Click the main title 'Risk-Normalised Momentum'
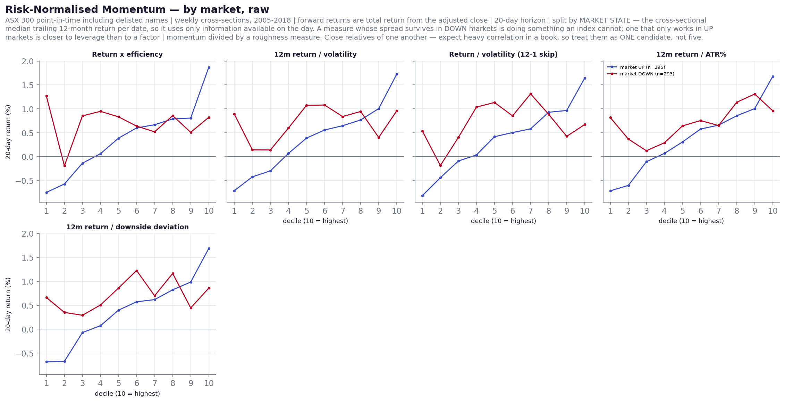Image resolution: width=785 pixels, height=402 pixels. [85, 10]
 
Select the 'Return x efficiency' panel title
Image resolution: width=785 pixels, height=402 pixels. [127, 55]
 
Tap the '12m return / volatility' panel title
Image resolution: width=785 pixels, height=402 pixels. [315, 55]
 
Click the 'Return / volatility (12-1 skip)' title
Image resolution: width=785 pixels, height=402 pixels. [503, 55]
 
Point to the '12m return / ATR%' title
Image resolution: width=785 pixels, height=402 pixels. [691, 55]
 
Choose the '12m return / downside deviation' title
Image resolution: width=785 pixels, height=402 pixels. [127, 227]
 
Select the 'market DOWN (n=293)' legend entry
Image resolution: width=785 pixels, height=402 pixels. [641, 74]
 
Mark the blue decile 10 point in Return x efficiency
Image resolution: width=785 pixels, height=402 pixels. [209, 67]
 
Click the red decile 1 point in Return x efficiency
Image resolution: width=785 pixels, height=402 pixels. [47, 96]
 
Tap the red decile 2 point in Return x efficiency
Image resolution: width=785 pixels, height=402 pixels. [65, 166]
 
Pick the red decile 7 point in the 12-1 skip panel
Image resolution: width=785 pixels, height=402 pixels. [531, 94]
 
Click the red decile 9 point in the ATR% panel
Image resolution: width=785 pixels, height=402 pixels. [755, 94]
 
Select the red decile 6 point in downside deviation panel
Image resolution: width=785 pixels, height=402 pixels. [137, 271]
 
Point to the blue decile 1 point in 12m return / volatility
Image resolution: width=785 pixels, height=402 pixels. [234, 191]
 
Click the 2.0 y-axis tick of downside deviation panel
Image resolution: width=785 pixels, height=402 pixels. [28, 234]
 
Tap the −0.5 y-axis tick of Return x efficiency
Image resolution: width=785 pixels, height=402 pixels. [25, 181]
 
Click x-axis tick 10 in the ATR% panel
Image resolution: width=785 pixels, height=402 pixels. [773, 211]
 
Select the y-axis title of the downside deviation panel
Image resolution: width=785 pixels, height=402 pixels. [8, 304]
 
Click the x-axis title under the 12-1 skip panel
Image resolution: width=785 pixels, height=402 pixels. [504, 221]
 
